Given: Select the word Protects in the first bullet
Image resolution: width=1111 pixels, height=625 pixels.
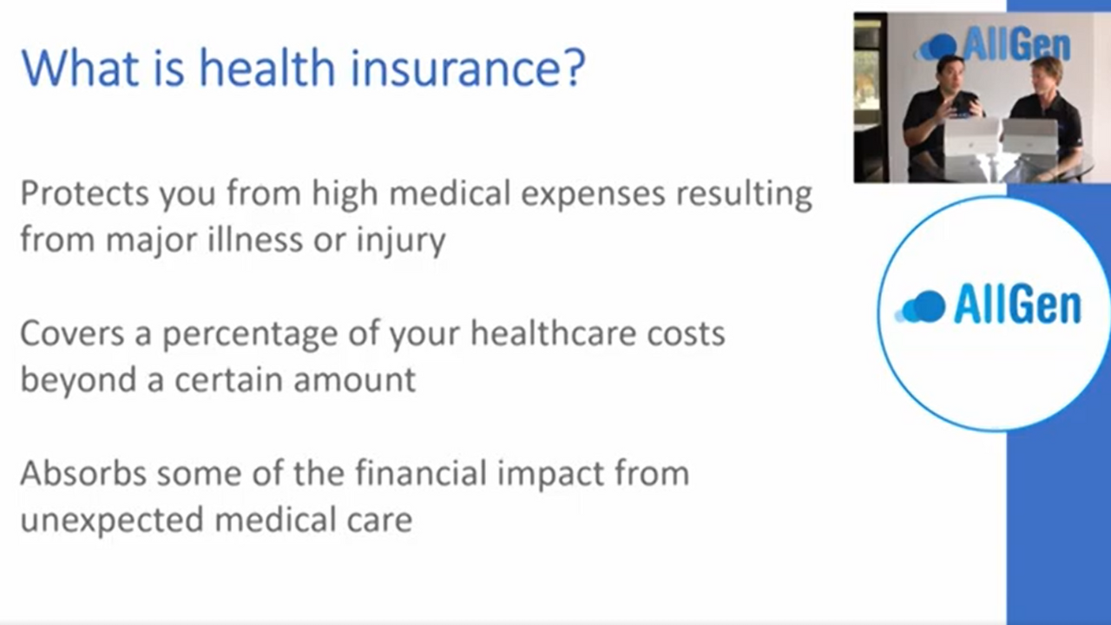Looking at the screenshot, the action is pyautogui.click(x=84, y=193).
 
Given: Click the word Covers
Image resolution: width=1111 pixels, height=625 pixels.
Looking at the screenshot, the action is pyautogui.click(x=72, y=332).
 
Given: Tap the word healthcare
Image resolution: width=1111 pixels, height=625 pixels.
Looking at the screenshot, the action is pyautogui.click(x=553, y=332).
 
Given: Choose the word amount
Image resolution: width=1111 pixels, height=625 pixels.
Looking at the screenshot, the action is pyautogui.click(x=354, y=380).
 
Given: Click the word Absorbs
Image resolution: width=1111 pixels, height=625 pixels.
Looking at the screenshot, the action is pyautogui.click(x=83, y=473).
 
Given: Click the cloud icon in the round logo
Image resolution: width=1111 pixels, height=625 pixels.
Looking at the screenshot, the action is pyautogui.click(x=920, y=306).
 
